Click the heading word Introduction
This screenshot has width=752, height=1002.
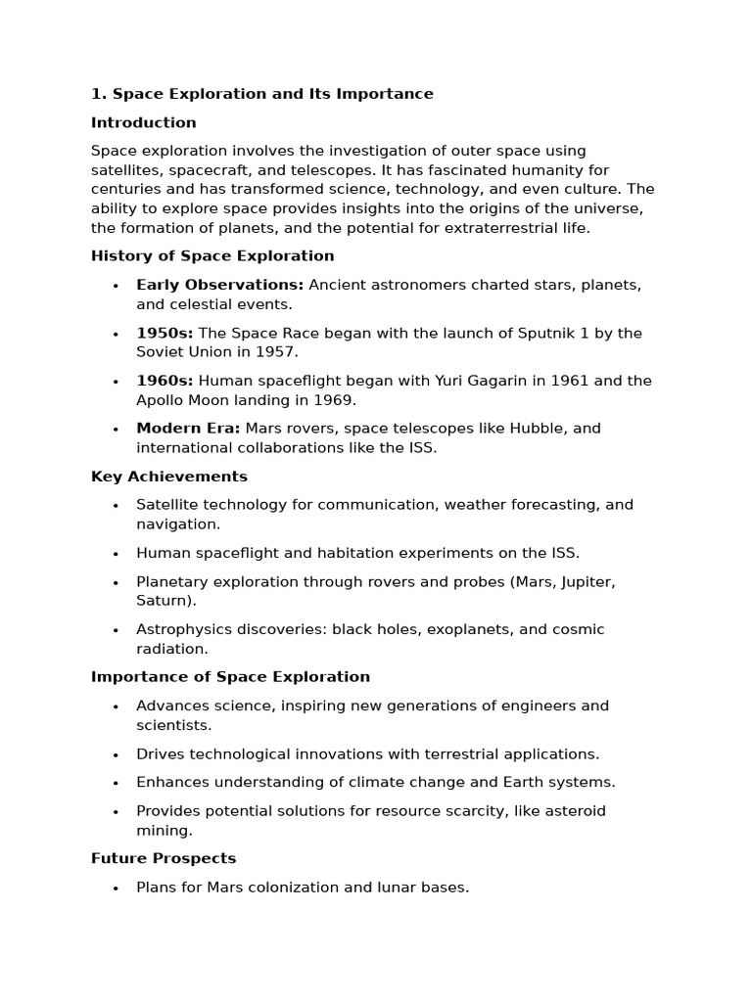click(x=143, y=122)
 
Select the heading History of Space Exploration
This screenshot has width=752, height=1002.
click(x=212, y=255)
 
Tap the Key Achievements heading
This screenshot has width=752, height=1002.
click(x=168, y=477)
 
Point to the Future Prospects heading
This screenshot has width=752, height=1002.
click(x=164, y=858)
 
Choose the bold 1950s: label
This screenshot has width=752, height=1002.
click(x=164, y=333)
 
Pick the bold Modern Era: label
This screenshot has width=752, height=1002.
click(x=188, y=428)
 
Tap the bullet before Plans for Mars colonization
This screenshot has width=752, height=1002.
click(x=116, y=888)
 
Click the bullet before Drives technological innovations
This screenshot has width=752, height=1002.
click(x=116, y=754)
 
